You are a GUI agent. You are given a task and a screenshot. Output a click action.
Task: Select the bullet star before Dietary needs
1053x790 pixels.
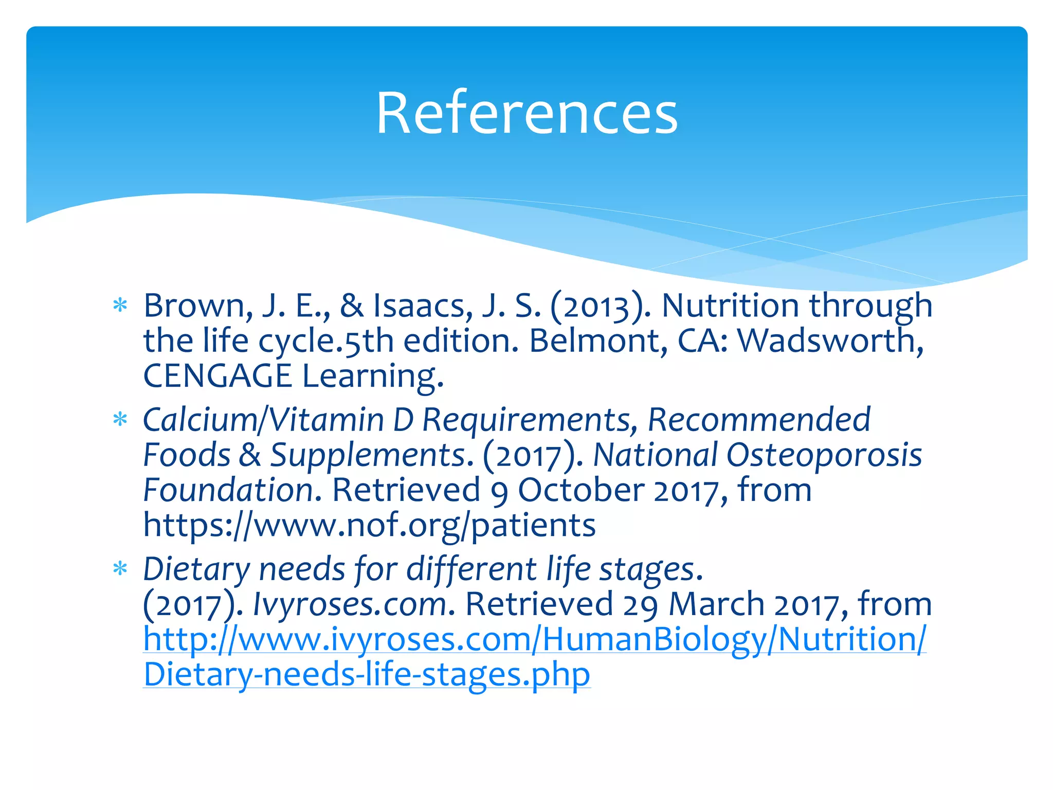(120, 569)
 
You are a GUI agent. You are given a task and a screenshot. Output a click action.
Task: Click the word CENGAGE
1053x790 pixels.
(217, 375)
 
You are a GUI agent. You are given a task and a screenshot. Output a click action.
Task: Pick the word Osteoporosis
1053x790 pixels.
(824, 455)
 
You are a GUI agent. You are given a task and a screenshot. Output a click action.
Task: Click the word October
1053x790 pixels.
(580, 490)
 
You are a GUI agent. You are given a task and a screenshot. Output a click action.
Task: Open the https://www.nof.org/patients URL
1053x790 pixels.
(369, 525)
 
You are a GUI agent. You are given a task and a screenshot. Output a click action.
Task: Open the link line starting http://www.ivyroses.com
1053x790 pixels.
(535, 639)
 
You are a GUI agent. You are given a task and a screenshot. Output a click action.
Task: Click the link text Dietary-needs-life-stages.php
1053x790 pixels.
(367, 674)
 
